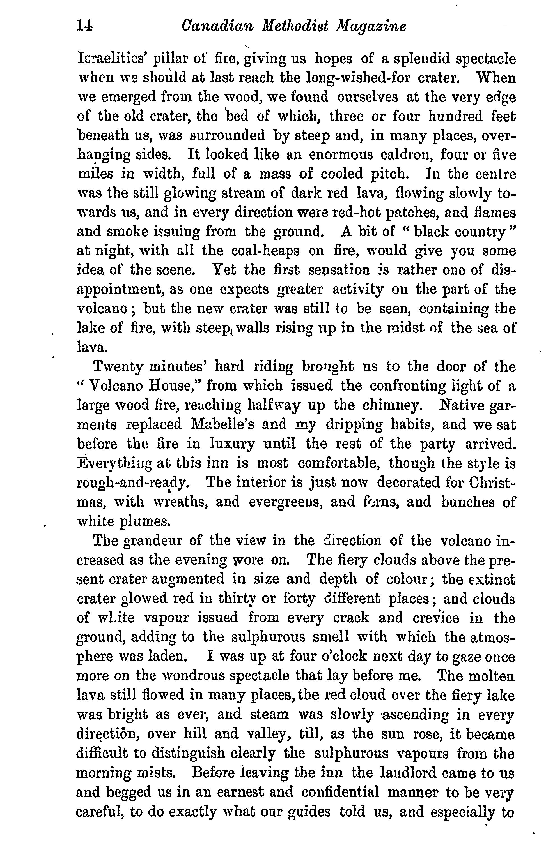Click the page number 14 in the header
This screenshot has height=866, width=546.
(x=85, y=27)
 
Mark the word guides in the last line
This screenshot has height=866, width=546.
(x=310, y=811)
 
